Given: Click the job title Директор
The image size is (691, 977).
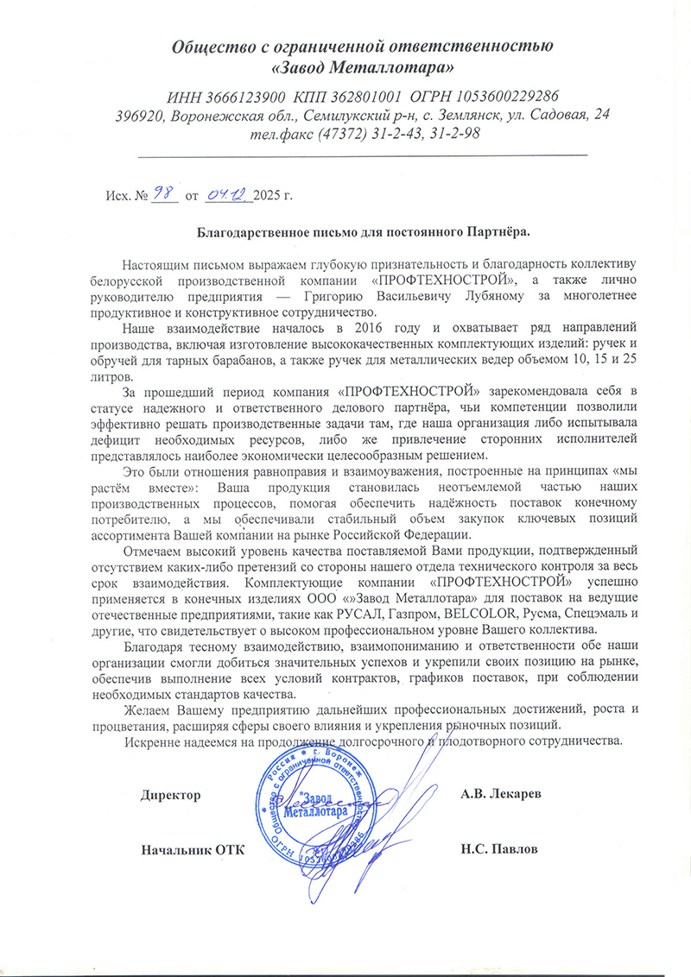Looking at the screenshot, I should coord(171,795).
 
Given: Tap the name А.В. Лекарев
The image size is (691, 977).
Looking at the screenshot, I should coord(501,795).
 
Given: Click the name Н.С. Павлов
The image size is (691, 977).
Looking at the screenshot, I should coord(500,848).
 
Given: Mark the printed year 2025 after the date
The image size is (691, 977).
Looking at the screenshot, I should coord(269,196).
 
